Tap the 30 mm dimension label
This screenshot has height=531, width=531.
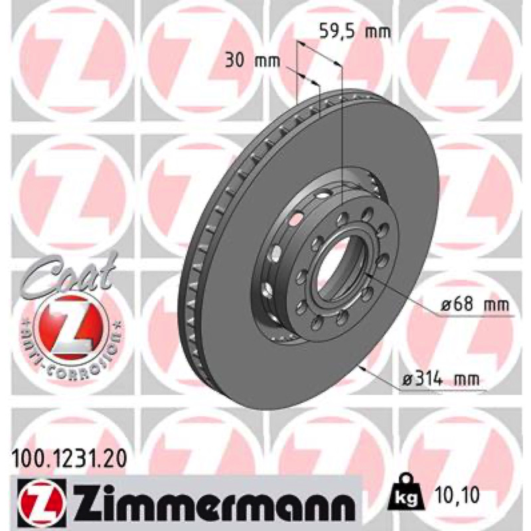tap(253, 61)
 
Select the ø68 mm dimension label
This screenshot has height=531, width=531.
tap(475, 305)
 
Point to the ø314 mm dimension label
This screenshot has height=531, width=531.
tap(441, 380)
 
